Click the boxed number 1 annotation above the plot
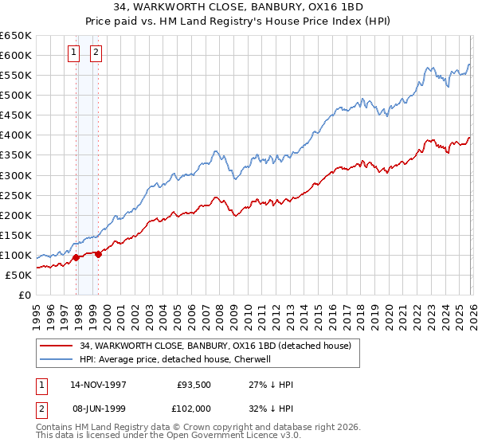[x=73, y=53]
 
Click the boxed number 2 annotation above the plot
[x=96, y=53]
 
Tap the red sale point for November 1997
[x=76, y=257]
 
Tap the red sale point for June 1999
[x=98, y=254]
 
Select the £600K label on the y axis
[x=16, y=55]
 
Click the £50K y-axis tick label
[x=18, y=275]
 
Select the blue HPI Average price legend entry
[x=175, y=359]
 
